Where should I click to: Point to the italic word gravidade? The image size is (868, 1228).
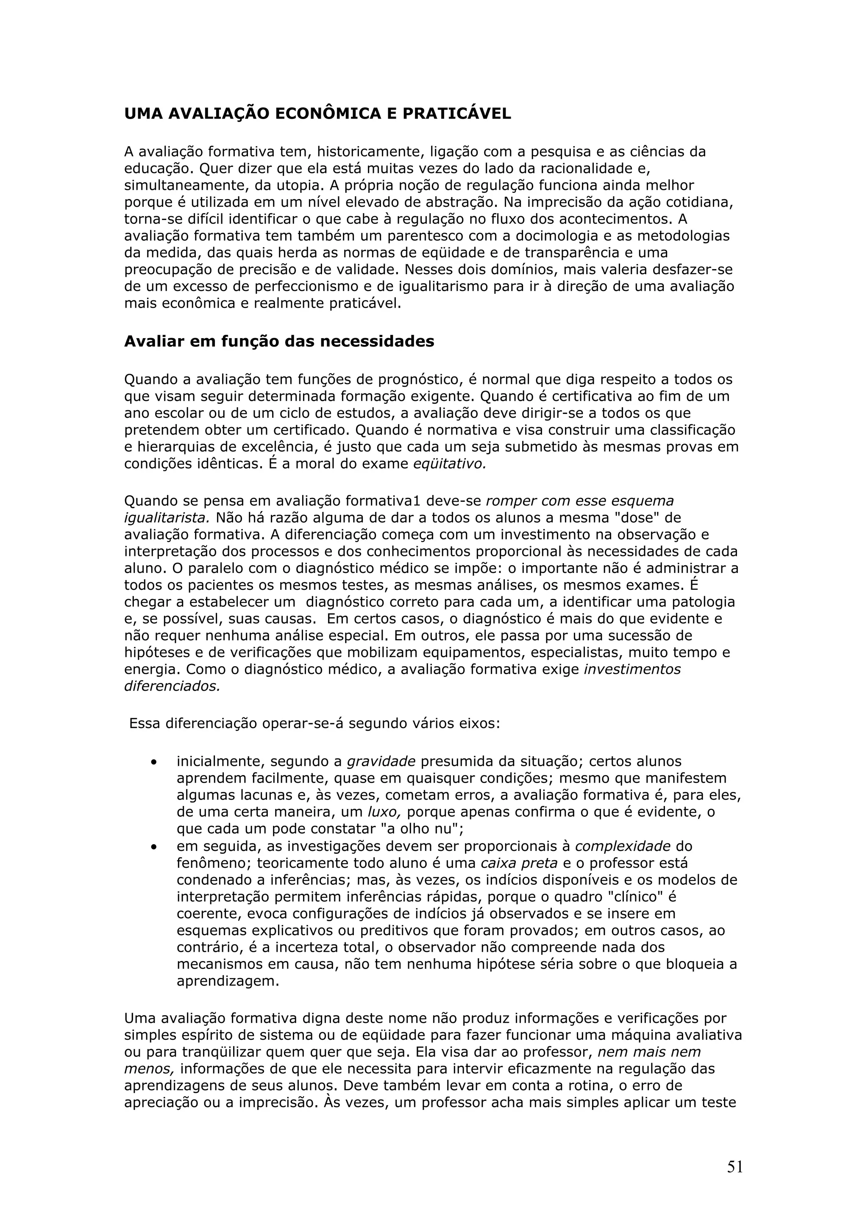tap(381, 761)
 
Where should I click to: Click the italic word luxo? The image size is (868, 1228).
tap(384, 812)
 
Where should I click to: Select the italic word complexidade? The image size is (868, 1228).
tap(623, 846)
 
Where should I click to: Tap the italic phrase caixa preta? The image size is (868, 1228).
tap(519, 863)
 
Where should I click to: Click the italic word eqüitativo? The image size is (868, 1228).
tap(449, 464)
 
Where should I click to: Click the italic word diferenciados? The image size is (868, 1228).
tap(172, 686)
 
